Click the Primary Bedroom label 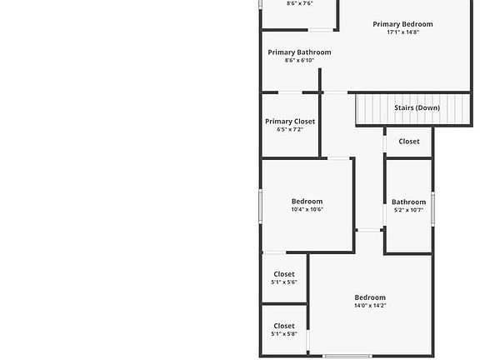point(402,24)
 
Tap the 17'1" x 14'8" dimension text point(402,32)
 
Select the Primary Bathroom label point(299,52)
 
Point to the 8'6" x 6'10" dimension point(299,60)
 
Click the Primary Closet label point(290,122)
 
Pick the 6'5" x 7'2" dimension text point(290,129)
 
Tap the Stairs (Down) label point(417,107)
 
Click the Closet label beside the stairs point(409,142)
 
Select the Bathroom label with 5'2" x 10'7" point(408,202)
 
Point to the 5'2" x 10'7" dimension point(408,210)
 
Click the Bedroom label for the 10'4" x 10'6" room point(307,202)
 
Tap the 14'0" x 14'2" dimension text point(370,306)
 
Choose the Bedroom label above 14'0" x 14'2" point(370,297)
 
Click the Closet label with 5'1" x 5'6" point(284,274)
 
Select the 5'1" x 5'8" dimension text point(284,334)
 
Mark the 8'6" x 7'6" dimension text point(300,3)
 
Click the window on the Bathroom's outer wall point(432,209)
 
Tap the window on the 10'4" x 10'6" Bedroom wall point(261,206)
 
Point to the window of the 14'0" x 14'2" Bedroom point(347,356)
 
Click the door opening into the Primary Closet point(290,92)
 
